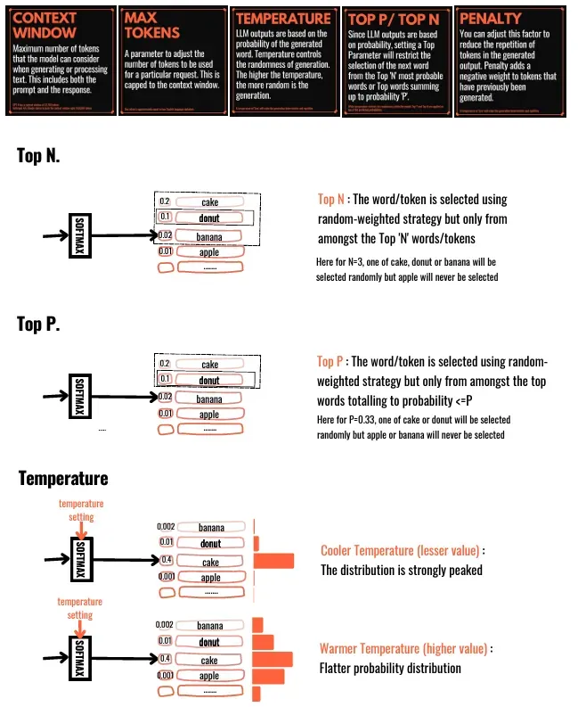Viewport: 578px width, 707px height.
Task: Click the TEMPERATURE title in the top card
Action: [x=282, y=17]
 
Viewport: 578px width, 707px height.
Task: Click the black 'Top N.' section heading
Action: [x=38, y=156]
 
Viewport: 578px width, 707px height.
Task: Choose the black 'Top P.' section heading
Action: [x=38, y=324]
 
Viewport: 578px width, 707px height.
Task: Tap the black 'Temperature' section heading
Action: [x=63, y=478]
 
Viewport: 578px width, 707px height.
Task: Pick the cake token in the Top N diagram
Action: [x=210, y=202]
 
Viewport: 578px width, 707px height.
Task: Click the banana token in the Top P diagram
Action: [x=209, y=399]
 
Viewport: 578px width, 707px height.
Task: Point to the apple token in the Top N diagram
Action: [x=209, y=252]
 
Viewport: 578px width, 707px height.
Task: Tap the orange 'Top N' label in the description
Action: [x=331, y=200]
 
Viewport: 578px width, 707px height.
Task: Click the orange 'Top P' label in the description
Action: [x=330, y=361]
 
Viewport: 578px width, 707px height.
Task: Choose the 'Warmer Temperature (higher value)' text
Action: [x=404, y=649]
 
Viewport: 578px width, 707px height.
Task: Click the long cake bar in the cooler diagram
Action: [x=273, y=561]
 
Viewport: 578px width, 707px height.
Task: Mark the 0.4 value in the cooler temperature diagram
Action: [x=165, y=561]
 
